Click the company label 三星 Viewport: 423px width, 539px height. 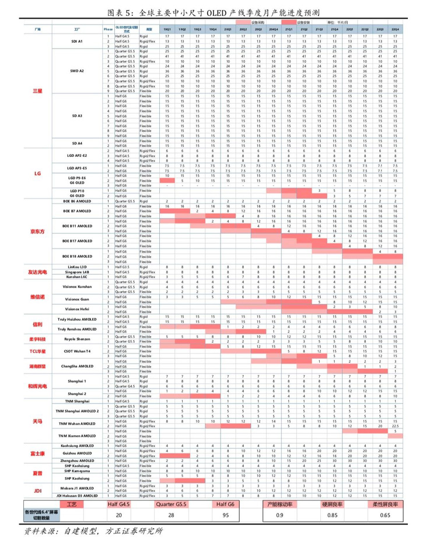[x=37, y=91]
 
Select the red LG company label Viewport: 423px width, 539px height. [x=37, y=173]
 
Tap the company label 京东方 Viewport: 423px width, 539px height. [x=37, y=231]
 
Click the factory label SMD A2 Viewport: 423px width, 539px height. [x=77, y=71]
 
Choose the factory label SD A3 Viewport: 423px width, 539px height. [x=77, y=116]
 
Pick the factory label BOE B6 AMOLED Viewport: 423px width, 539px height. [x=77, y=201]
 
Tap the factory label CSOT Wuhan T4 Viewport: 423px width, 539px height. [x=77, y=351]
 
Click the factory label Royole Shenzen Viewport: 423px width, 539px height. [x=77, y=339]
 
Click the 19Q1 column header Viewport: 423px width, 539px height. [x=167, y=29]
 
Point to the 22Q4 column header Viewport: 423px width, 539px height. [x=395, y=29]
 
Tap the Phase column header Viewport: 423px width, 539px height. [x=109, y=29]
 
